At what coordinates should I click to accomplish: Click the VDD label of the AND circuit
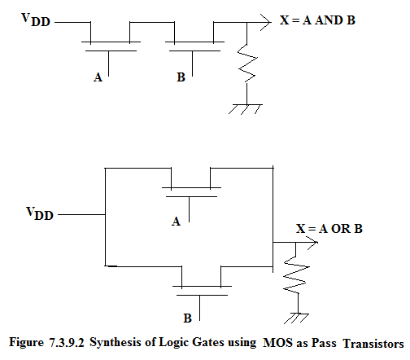tap(36, 20)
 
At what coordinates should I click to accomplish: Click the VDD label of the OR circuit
tap(40, 213)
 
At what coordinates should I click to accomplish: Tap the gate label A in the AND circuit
tap(98, 77)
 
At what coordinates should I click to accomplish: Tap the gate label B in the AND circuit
tap(181, 77)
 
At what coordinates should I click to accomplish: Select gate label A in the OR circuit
tap(176, 222)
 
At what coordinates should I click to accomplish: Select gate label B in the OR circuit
tap(187, 318)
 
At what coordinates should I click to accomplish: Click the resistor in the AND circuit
tap(247, 64)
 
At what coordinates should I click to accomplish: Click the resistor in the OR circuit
tap(296, 274)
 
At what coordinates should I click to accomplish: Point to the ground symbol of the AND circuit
tap(246, 108)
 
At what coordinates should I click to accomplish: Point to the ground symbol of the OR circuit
tap(297, 318)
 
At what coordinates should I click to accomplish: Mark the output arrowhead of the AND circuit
tap(266, 22)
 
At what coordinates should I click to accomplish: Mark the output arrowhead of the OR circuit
tap(312, 242)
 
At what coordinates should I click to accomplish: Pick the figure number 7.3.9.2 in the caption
tap(67, 343)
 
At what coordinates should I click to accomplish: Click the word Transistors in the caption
tap(373, 344)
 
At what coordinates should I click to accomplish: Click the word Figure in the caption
tap(27, 342)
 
